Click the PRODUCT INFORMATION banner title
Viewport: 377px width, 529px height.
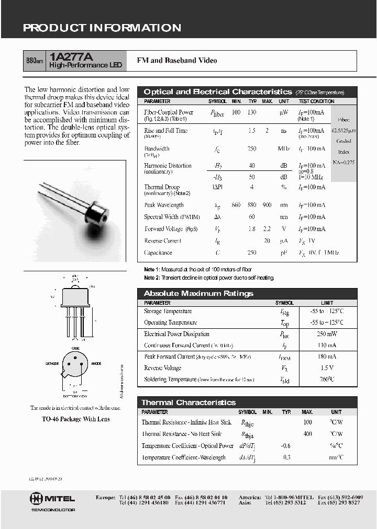[x=102, y=28]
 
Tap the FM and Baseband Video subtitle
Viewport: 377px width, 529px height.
[x=176, y=61]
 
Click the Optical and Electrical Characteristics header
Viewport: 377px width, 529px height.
[x=217, y=92]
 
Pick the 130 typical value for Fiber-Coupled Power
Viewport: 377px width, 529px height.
[x=252, y=112]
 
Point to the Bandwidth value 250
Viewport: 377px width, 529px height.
[x=252, y=149]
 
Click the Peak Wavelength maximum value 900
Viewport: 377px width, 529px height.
[x=267, y=205]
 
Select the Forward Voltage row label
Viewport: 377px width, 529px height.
[x=163, y=229]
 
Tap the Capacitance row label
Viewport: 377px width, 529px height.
[x=158, y=253]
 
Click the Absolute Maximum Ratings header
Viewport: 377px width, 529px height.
[x=198, y=293]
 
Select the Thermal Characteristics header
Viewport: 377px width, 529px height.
[x=188, y=402]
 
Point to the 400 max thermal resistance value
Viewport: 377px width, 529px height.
[x=307, y=434]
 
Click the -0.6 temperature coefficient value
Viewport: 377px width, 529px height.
[x=286, y=446]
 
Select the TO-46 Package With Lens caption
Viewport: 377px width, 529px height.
[x=75, y=419]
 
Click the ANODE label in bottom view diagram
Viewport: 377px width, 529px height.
[x=96, y=363]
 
